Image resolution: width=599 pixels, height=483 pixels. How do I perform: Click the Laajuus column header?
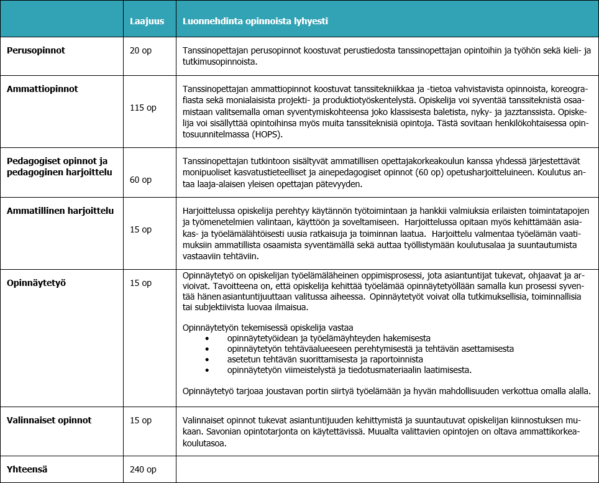tap(147, 21)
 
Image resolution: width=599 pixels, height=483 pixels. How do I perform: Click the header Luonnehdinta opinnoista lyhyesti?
tap(255, 21)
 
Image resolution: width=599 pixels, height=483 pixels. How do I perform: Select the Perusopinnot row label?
tap(36, 50)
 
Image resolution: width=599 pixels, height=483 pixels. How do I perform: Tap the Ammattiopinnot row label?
tap(42, 89)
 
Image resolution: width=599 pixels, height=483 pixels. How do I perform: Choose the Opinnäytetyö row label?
tap(37, 283)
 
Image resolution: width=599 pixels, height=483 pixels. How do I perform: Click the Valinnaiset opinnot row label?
tap(49, 420)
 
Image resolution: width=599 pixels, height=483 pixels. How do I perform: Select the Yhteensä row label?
tap(28, 470)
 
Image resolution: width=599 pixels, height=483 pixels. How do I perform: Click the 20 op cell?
tap(140, 50)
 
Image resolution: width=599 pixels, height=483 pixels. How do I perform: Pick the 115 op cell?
tap(143, 108)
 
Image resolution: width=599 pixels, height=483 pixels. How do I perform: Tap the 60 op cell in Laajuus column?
tap(140, 180)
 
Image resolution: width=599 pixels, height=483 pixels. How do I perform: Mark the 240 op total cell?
tap(143, 470)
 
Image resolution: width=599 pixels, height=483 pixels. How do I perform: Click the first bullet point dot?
tap(208, 339)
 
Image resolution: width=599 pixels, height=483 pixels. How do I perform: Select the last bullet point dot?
tap(208, 370)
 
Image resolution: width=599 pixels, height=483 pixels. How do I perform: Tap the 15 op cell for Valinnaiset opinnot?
tap(140, 420)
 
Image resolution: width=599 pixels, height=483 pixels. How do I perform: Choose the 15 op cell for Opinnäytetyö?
tap(140, 283)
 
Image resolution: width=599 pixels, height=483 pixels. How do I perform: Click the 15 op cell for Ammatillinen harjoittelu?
tap(140, 229)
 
